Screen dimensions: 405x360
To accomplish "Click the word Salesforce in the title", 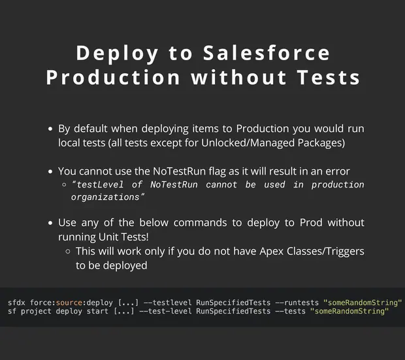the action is point(267,53).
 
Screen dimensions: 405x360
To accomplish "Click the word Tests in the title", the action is point(329,77).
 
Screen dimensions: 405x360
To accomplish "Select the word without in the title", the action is point(238,77).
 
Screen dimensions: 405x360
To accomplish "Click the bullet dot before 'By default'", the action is point(50,129).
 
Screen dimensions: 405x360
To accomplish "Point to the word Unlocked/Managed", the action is point(248,142).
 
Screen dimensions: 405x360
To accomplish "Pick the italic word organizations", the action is point(105,197).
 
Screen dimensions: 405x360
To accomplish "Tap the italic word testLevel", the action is point(100,184).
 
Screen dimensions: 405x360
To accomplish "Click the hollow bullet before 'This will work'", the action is point(68,251).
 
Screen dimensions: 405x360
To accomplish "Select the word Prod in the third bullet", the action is point(311,223).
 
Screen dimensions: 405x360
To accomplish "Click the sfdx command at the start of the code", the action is point(16,303).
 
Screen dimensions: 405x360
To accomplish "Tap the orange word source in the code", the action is point(69,303).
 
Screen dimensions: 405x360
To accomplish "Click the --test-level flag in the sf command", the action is point(165,311).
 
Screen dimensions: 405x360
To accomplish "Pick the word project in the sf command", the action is point(36,312).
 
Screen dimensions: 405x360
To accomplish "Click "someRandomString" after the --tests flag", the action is point(349,311).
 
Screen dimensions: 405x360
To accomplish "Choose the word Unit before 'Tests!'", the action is point(108,237).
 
